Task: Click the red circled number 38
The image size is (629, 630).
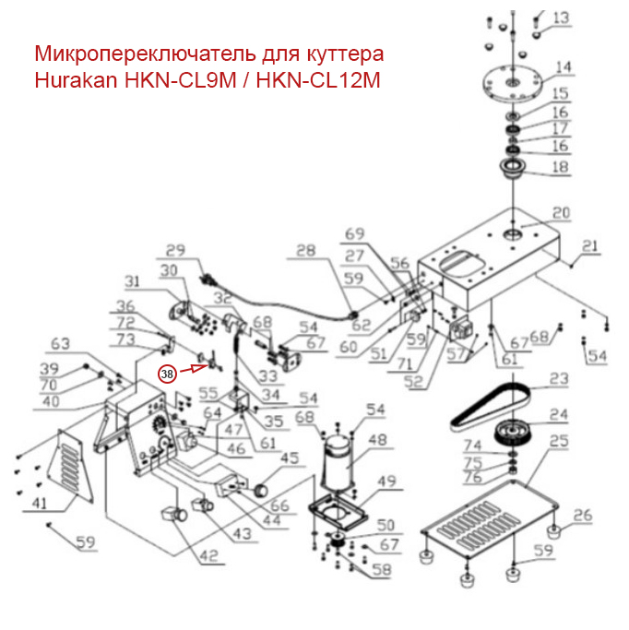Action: coord(167,374)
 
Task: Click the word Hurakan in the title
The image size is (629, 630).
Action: coord(75,79)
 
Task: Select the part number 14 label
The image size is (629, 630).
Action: coord(562,67)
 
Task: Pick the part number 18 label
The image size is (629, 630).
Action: coord(560,167)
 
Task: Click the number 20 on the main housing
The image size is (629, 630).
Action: coord(561,213)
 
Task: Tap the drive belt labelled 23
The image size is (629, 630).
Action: coord(489,406)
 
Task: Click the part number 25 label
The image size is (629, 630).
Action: coord(558,442)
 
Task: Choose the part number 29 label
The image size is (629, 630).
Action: coord(175,250)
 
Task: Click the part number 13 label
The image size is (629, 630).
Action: coord(561,18)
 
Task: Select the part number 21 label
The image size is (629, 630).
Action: coord(590,245)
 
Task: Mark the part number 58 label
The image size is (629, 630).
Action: coord(380,570)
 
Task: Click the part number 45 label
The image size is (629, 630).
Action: coord(289,458)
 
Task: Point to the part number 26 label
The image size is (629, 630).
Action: coord(581,515)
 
